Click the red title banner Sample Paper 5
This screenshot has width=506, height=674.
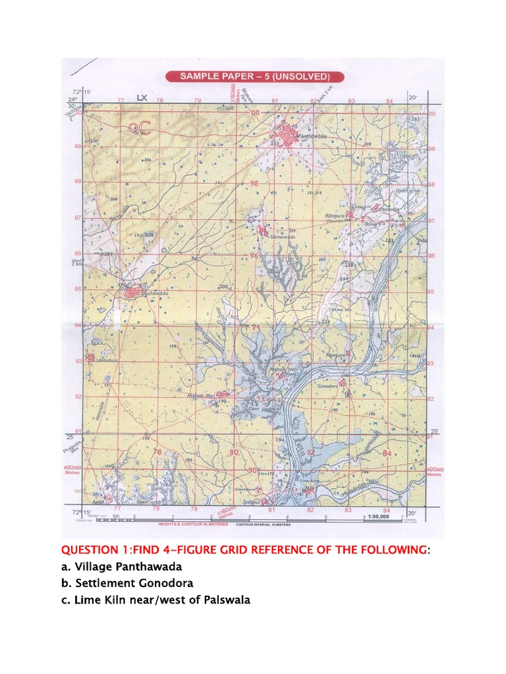pos(253,76)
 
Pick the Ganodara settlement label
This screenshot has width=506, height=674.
pos(327,386)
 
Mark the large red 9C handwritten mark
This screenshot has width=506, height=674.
pos(139,127)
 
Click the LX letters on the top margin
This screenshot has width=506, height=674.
pos(141,99)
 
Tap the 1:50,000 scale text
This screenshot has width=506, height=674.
pos(381,518)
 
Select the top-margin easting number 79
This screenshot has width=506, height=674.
pos(197,101)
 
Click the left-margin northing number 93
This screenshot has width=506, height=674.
pos(78,360)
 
